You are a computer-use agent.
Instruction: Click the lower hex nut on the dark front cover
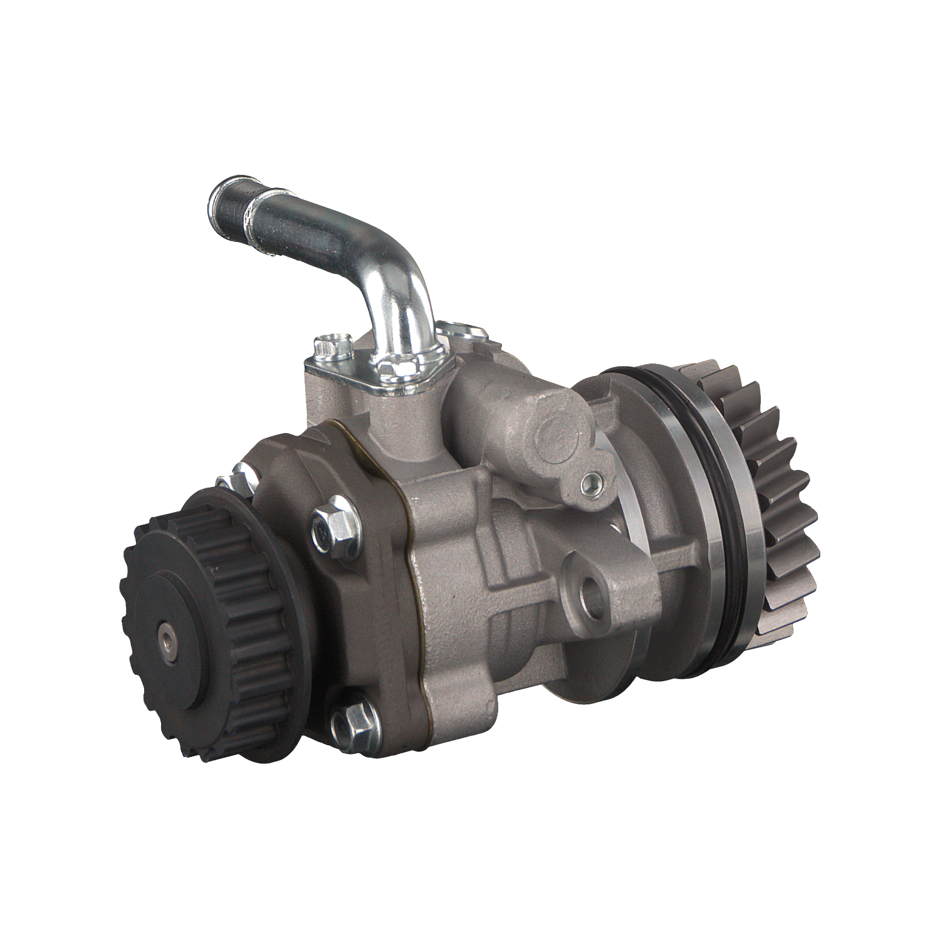(355, 721)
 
